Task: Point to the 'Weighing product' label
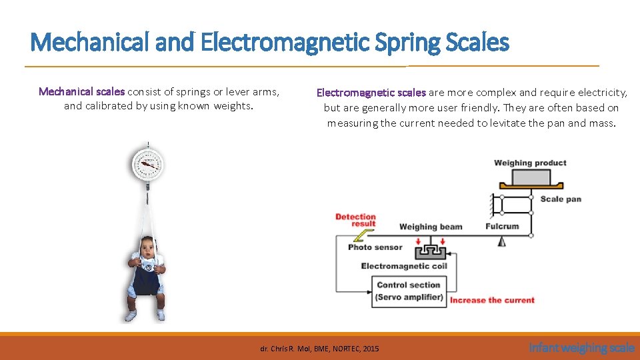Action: pyautogui.click(x=530, y=163)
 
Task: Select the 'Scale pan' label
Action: pyautogui.click(x=560, y=199)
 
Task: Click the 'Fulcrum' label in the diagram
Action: pyautogui.click(x=502, y=226)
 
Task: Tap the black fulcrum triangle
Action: pyautogui.click(x=501, y=241)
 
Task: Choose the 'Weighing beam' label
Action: pyautogui.click(x=430, y=227)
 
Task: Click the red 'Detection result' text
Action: pyautogui.click(x=355, y=220)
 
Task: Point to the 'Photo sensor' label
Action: pyautogui.click(x=375, y=247)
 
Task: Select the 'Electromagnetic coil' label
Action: pyautogui.click(x=404, y=266)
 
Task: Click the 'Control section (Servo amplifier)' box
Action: pyautogui.click(x=409, y=291)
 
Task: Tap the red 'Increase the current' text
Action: pyautogui.click(x=492, y=300)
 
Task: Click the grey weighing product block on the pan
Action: pyautogui.click(x=531, y=177)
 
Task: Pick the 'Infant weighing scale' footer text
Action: pyautogui.click(x=581, y=347)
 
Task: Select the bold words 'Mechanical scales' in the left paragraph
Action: pyautogui.click(x=81, y=91)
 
